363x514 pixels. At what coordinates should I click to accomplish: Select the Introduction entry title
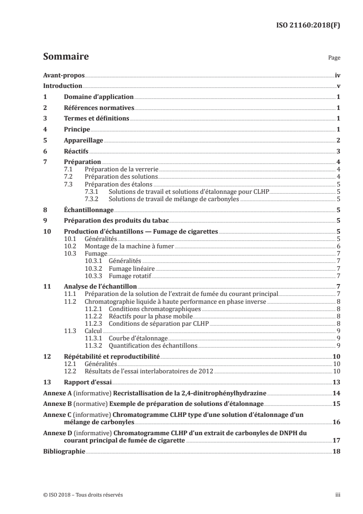click(62, 86)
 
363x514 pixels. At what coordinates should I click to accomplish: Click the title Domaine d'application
click(98, 97)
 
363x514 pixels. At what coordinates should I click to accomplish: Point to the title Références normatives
click(98, 108)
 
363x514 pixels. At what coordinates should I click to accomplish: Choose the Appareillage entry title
click(83, 140)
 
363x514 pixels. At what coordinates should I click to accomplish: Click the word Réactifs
click(76, 151)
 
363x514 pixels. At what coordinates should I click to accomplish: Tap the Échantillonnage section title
click(88, 209)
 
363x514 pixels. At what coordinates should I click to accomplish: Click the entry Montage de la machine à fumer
click(130, 246)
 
